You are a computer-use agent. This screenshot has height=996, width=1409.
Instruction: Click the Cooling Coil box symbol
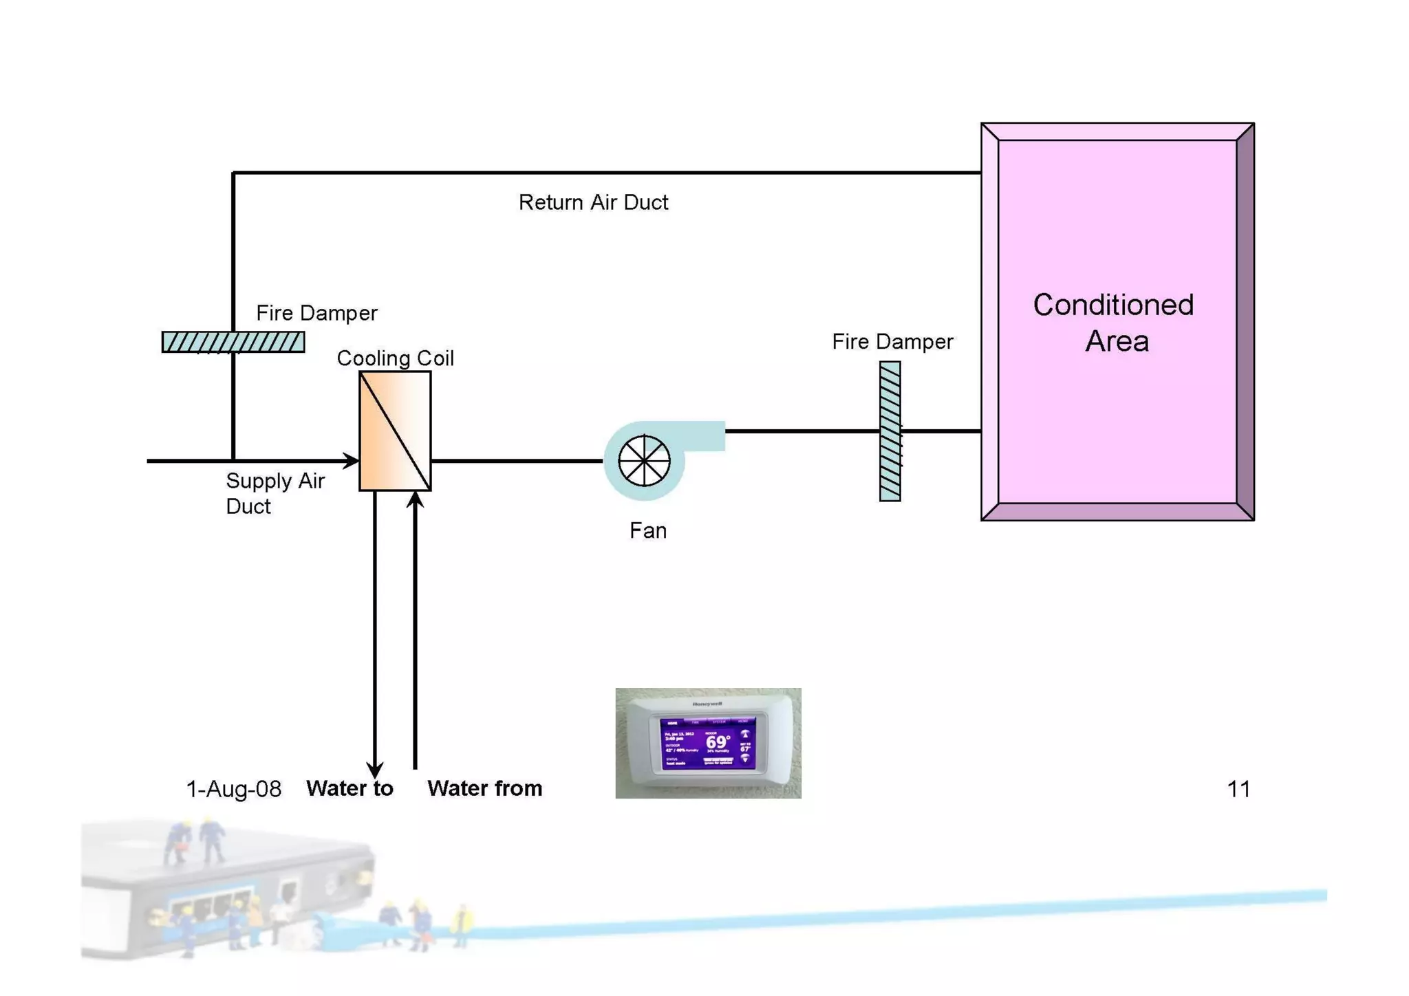(395, 431)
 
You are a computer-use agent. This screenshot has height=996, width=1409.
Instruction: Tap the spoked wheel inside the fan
(644, 460)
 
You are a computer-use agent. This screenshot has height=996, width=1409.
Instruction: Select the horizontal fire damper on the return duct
(233, 342)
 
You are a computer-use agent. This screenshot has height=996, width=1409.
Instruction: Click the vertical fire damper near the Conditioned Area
(890, 431)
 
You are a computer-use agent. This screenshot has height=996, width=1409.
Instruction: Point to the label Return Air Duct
(593, 202)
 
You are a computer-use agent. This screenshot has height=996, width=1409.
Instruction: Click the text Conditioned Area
(1115, 323)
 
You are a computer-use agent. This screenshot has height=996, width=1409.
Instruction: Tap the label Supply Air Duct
(275, 493)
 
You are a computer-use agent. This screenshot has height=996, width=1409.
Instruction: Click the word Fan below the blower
(647, 530)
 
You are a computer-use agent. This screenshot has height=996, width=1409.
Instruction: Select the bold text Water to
(349, 788)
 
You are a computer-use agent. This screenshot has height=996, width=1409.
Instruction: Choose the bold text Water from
(484, 788)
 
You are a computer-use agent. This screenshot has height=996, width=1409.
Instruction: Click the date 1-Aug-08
(233, 789)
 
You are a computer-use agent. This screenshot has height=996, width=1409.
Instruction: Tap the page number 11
(1238, 789)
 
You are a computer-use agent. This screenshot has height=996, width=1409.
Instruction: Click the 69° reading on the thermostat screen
(718, 742)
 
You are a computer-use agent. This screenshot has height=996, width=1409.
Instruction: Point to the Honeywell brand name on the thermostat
(707, 704)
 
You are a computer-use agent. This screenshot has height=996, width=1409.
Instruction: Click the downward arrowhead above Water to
(374, 770)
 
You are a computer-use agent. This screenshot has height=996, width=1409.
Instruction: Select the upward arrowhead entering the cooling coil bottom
(415, 500)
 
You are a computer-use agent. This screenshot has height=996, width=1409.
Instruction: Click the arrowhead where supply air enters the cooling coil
(351, 460)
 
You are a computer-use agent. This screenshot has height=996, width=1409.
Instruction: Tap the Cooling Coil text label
(395, 358)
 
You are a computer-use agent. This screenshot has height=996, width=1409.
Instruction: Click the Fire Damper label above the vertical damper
(892, 342)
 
